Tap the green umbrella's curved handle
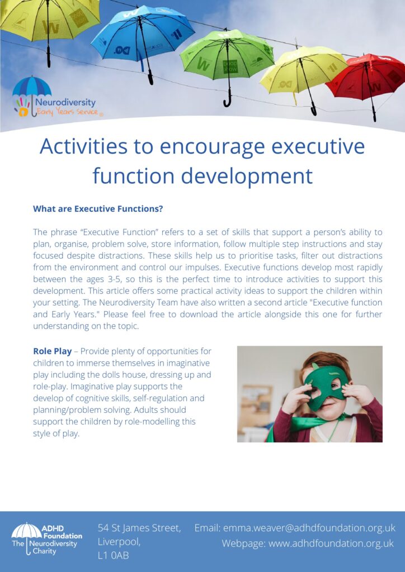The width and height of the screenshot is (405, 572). [x=227, y=101]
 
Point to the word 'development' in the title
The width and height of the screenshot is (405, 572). [x=247, y=176]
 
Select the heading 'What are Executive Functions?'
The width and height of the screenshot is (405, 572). [x=98, y=209]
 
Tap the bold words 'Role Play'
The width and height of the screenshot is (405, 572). [x=52, y=351]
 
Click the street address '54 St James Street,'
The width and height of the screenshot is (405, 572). [x=139, y=528]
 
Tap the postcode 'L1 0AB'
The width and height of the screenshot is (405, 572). [x=113, y=555]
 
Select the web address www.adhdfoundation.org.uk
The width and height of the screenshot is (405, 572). [x=331, y=544]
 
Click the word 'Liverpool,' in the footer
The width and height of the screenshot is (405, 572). [x=119, y=542]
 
